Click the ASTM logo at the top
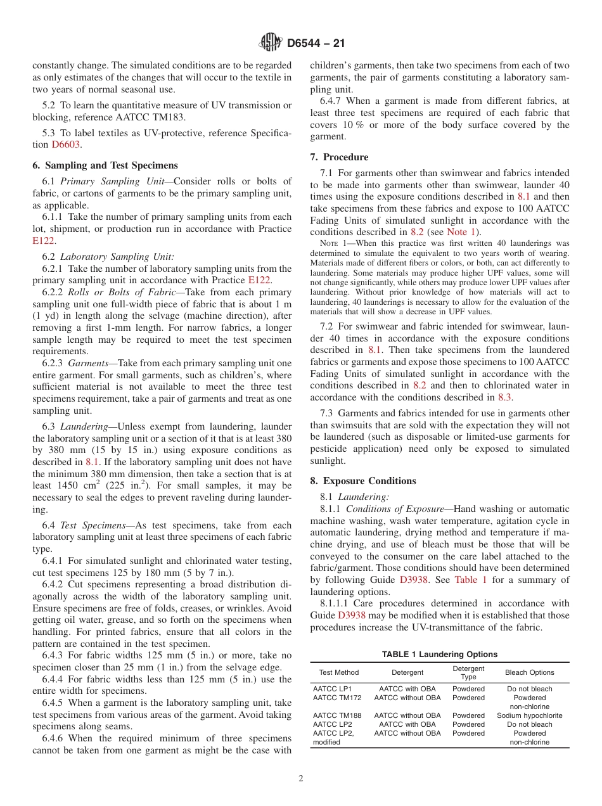271,44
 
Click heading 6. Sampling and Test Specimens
105,165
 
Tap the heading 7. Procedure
339,157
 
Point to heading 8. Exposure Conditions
363,481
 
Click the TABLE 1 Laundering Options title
439,655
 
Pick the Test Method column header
338,672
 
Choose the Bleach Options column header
529,672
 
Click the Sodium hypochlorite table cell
529,715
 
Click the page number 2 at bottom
301,779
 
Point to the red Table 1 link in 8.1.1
471,580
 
